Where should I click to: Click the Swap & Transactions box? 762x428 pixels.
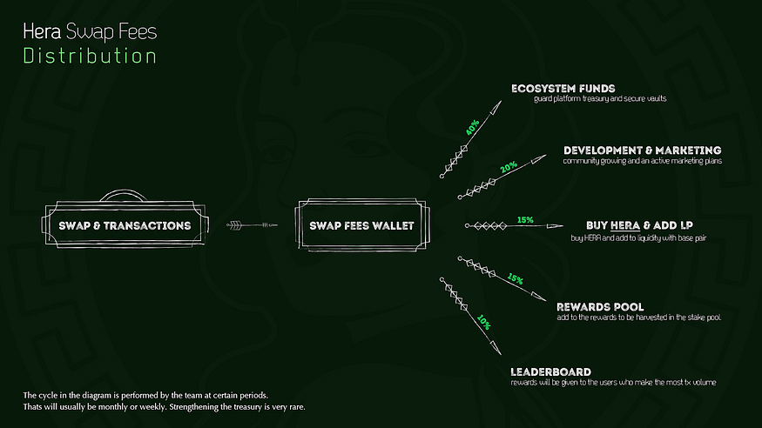click(125, 225)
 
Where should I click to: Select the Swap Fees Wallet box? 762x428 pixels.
click(362, 225)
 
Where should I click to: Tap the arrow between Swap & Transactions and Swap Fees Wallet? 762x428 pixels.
click(252, 225)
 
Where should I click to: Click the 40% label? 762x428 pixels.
click(472, 127)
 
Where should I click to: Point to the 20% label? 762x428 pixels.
click(509, 167)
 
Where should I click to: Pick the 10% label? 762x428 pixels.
click(483, 322)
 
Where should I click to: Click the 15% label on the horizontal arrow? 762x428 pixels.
click(525, 220)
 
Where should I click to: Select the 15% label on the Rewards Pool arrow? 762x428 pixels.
click(516, 279)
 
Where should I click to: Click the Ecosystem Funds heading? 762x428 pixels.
click(563, 89)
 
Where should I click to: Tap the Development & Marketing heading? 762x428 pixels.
click(643, 150)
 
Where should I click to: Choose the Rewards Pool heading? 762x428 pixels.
click(600, 307)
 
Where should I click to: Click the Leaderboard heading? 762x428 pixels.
click(550, 371)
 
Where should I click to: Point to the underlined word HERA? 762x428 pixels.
click(625, 225)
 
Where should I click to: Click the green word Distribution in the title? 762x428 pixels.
click(90, 56)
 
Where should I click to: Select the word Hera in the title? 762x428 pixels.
click(42, 31)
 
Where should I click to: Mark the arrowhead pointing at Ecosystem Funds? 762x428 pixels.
click(496, 107)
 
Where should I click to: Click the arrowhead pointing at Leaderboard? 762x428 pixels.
click(496, 347)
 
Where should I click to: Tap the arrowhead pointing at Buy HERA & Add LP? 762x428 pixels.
click(555, 225)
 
